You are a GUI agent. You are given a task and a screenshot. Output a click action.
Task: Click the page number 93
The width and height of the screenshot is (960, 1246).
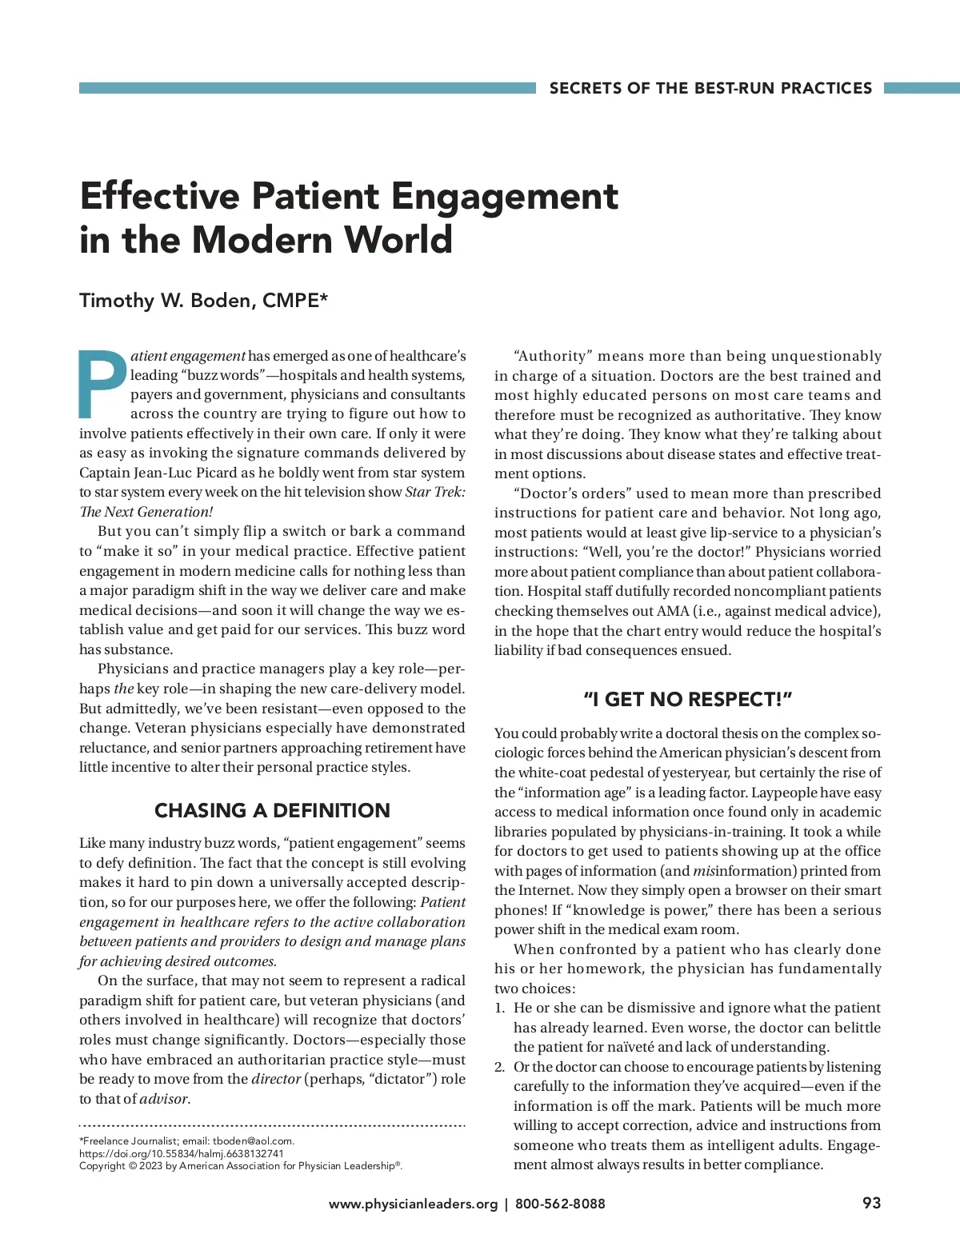[871, 1203]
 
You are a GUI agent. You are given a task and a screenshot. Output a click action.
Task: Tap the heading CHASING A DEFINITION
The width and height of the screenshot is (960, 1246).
[272, 810]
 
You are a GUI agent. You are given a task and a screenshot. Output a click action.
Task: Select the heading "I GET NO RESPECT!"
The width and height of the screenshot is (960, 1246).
[687, 700]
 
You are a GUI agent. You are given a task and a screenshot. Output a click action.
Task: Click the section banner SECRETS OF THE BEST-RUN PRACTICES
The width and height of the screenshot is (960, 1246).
[710, 88]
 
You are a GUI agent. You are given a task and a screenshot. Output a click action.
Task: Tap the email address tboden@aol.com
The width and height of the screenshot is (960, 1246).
[253, 1141]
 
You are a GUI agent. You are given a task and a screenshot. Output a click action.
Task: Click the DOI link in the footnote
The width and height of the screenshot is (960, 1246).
[181, 1153]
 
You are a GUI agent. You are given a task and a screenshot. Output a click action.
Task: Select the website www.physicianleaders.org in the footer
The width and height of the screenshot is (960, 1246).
[413, 1204]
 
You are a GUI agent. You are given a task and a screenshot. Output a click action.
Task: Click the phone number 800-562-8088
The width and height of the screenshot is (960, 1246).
[560, 1204]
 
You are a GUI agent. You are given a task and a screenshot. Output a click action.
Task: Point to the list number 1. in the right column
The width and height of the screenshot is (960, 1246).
[500, 1008]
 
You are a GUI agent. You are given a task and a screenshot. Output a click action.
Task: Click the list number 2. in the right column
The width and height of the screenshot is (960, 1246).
[500, 1067]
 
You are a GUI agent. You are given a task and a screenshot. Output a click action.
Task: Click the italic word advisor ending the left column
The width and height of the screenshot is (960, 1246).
[165, 1099]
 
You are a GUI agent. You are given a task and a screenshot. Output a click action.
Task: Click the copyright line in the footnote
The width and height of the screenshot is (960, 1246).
[240, 1165]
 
